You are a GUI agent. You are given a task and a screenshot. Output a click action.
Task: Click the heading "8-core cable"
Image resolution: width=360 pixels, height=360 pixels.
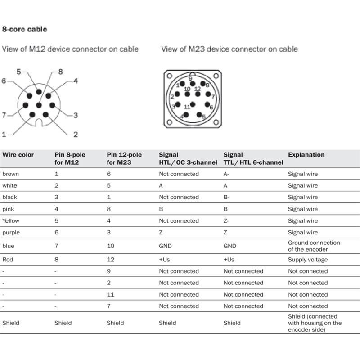click(x=25, y=29)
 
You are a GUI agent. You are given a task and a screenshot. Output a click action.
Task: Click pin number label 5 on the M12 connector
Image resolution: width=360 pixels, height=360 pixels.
click(x=18, y=72)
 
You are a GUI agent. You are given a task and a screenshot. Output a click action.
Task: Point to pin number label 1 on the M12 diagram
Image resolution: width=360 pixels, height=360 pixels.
click(x=4, y=134)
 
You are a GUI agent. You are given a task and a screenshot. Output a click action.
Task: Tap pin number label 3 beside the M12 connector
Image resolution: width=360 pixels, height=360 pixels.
click(x=76, y=115)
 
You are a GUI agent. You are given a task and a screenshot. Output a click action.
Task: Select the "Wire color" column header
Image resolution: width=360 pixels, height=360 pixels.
click(x=18, y=155)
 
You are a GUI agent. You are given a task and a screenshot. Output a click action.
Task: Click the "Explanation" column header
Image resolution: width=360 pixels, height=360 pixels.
click(x=306, y=155)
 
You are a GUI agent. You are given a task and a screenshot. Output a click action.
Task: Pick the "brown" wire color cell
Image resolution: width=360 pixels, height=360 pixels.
click(x=11, y=174)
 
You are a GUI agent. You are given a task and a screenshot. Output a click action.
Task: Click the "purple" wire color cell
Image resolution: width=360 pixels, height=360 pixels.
click(x=11, y=233)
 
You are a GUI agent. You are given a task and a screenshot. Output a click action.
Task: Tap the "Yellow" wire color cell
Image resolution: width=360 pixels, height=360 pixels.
click(x=11, y=221)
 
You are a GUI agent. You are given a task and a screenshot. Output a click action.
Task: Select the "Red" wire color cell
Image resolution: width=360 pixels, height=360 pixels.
click(x=8, y=260)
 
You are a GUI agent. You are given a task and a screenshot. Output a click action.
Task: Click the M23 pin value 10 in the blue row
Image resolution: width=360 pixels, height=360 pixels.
click(x=111, y=246)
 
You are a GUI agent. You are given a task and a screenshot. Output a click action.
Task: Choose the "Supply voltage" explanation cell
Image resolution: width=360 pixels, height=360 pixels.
click(x=308, y=260)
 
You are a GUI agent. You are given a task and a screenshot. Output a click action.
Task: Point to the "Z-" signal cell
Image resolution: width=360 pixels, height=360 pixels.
click(x=226, y=221)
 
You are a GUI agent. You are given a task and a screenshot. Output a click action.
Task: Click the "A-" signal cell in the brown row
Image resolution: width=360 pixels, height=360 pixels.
click(x=226, y=174)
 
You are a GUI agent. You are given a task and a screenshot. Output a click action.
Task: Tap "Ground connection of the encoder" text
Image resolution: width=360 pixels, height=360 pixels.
click(x=314, y=246)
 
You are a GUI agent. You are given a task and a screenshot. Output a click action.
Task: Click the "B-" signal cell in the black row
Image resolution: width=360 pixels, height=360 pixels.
click(x=226, y=198)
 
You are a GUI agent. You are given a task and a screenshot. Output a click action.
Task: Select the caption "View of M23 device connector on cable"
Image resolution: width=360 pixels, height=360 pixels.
click(x=229, y=49)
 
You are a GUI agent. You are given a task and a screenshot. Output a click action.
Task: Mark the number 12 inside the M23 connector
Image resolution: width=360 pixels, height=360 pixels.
click(x=197, y=89)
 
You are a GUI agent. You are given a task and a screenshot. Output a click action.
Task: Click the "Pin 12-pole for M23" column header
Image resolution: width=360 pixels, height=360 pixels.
click(x=124, y=158)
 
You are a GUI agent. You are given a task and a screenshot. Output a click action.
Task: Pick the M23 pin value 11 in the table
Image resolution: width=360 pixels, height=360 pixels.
click(x=111, y=295)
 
